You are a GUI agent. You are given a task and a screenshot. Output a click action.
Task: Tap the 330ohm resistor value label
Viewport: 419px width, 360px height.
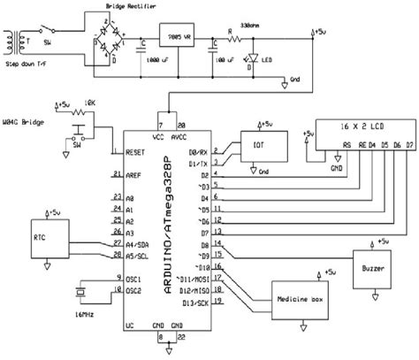coord(264,26)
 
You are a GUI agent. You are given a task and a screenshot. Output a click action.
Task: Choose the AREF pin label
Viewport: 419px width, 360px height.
coord(134,177)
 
